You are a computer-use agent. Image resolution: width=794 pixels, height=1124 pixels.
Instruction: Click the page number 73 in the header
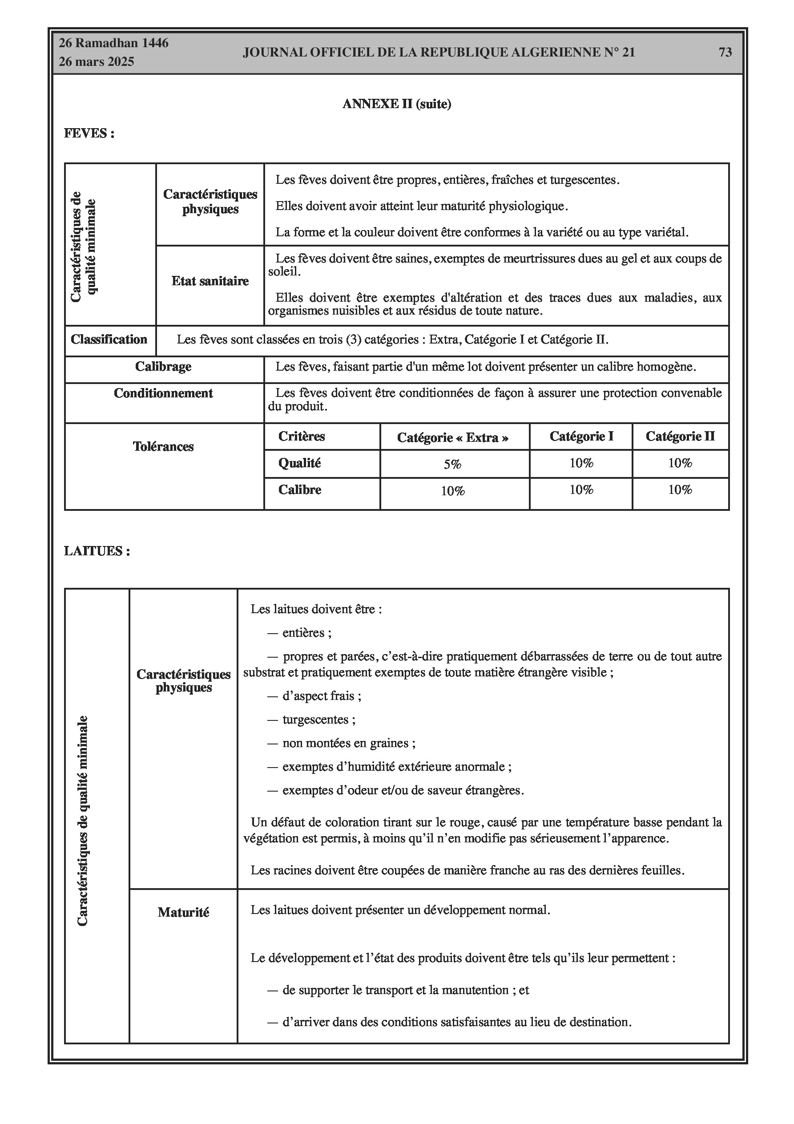(x=725, y=52)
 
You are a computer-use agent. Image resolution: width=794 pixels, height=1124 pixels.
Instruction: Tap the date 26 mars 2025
(x=97, y=62)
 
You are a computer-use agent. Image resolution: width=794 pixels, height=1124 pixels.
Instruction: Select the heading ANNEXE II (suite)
(x=396, y=104)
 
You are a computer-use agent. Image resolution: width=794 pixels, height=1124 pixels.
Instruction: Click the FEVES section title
(x=89, y=133)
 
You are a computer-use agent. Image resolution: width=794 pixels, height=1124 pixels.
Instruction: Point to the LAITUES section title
(x=97, y=551)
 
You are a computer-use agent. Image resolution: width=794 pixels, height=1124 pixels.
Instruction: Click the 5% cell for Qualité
(x=453, y=464)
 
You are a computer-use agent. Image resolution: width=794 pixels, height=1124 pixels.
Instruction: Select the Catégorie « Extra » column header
(x=453, y=437)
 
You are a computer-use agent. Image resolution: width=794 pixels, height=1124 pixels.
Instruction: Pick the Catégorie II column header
(x=680, y=436)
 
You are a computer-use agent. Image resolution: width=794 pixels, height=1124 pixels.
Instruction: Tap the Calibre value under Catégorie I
(x=581, y=489)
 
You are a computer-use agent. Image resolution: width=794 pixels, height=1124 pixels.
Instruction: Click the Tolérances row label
(x=164, y=446)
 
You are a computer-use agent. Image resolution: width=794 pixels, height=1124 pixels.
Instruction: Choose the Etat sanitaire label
(x=210, y=281)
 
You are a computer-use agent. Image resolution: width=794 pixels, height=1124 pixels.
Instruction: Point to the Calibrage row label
(x=164, y=367)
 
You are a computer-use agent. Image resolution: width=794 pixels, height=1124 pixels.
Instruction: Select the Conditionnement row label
(x=164, y=394)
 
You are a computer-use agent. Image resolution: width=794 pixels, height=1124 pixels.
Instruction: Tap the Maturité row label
(x=184, y=913)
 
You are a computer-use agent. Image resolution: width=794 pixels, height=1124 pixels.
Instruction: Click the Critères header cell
(x=302, y=436)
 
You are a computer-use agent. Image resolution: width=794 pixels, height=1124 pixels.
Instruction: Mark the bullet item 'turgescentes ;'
(x=318, y=720)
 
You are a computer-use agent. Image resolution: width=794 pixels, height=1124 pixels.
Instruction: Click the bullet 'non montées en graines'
(x=349, y=743)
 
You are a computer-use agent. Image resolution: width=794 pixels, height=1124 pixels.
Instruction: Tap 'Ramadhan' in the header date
(x=106, y=43)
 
